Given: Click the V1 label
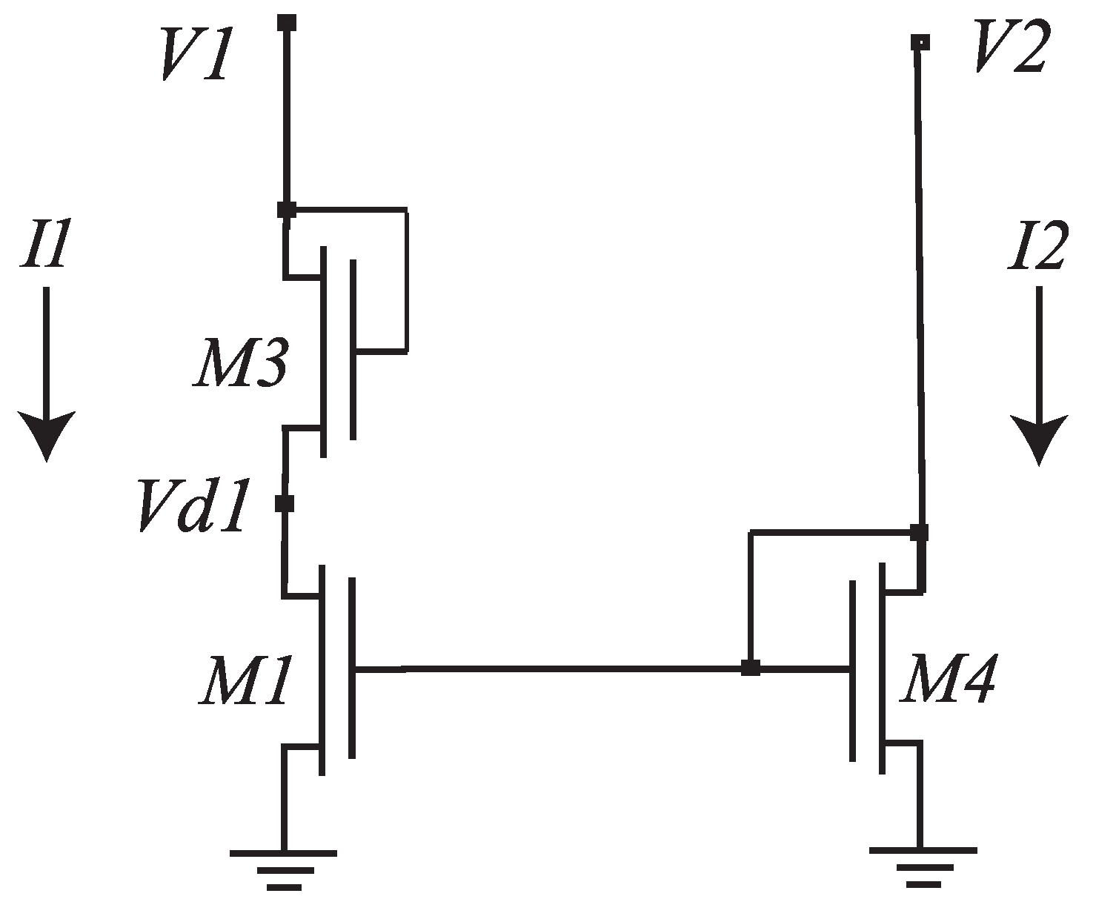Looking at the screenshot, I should point(192,58).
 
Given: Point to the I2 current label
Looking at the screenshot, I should point(1037,248).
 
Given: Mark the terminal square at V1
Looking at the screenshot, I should point(287,21).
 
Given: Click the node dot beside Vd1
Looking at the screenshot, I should point(285,504).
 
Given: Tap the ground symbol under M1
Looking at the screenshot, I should point(283,866).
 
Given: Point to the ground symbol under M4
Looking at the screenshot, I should point(923,863).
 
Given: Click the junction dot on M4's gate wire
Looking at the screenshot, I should point(751,669).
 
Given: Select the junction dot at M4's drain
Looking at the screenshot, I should point(919,532).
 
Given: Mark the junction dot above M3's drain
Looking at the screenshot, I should point(287,210).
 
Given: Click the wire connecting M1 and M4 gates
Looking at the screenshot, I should point(548,669).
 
